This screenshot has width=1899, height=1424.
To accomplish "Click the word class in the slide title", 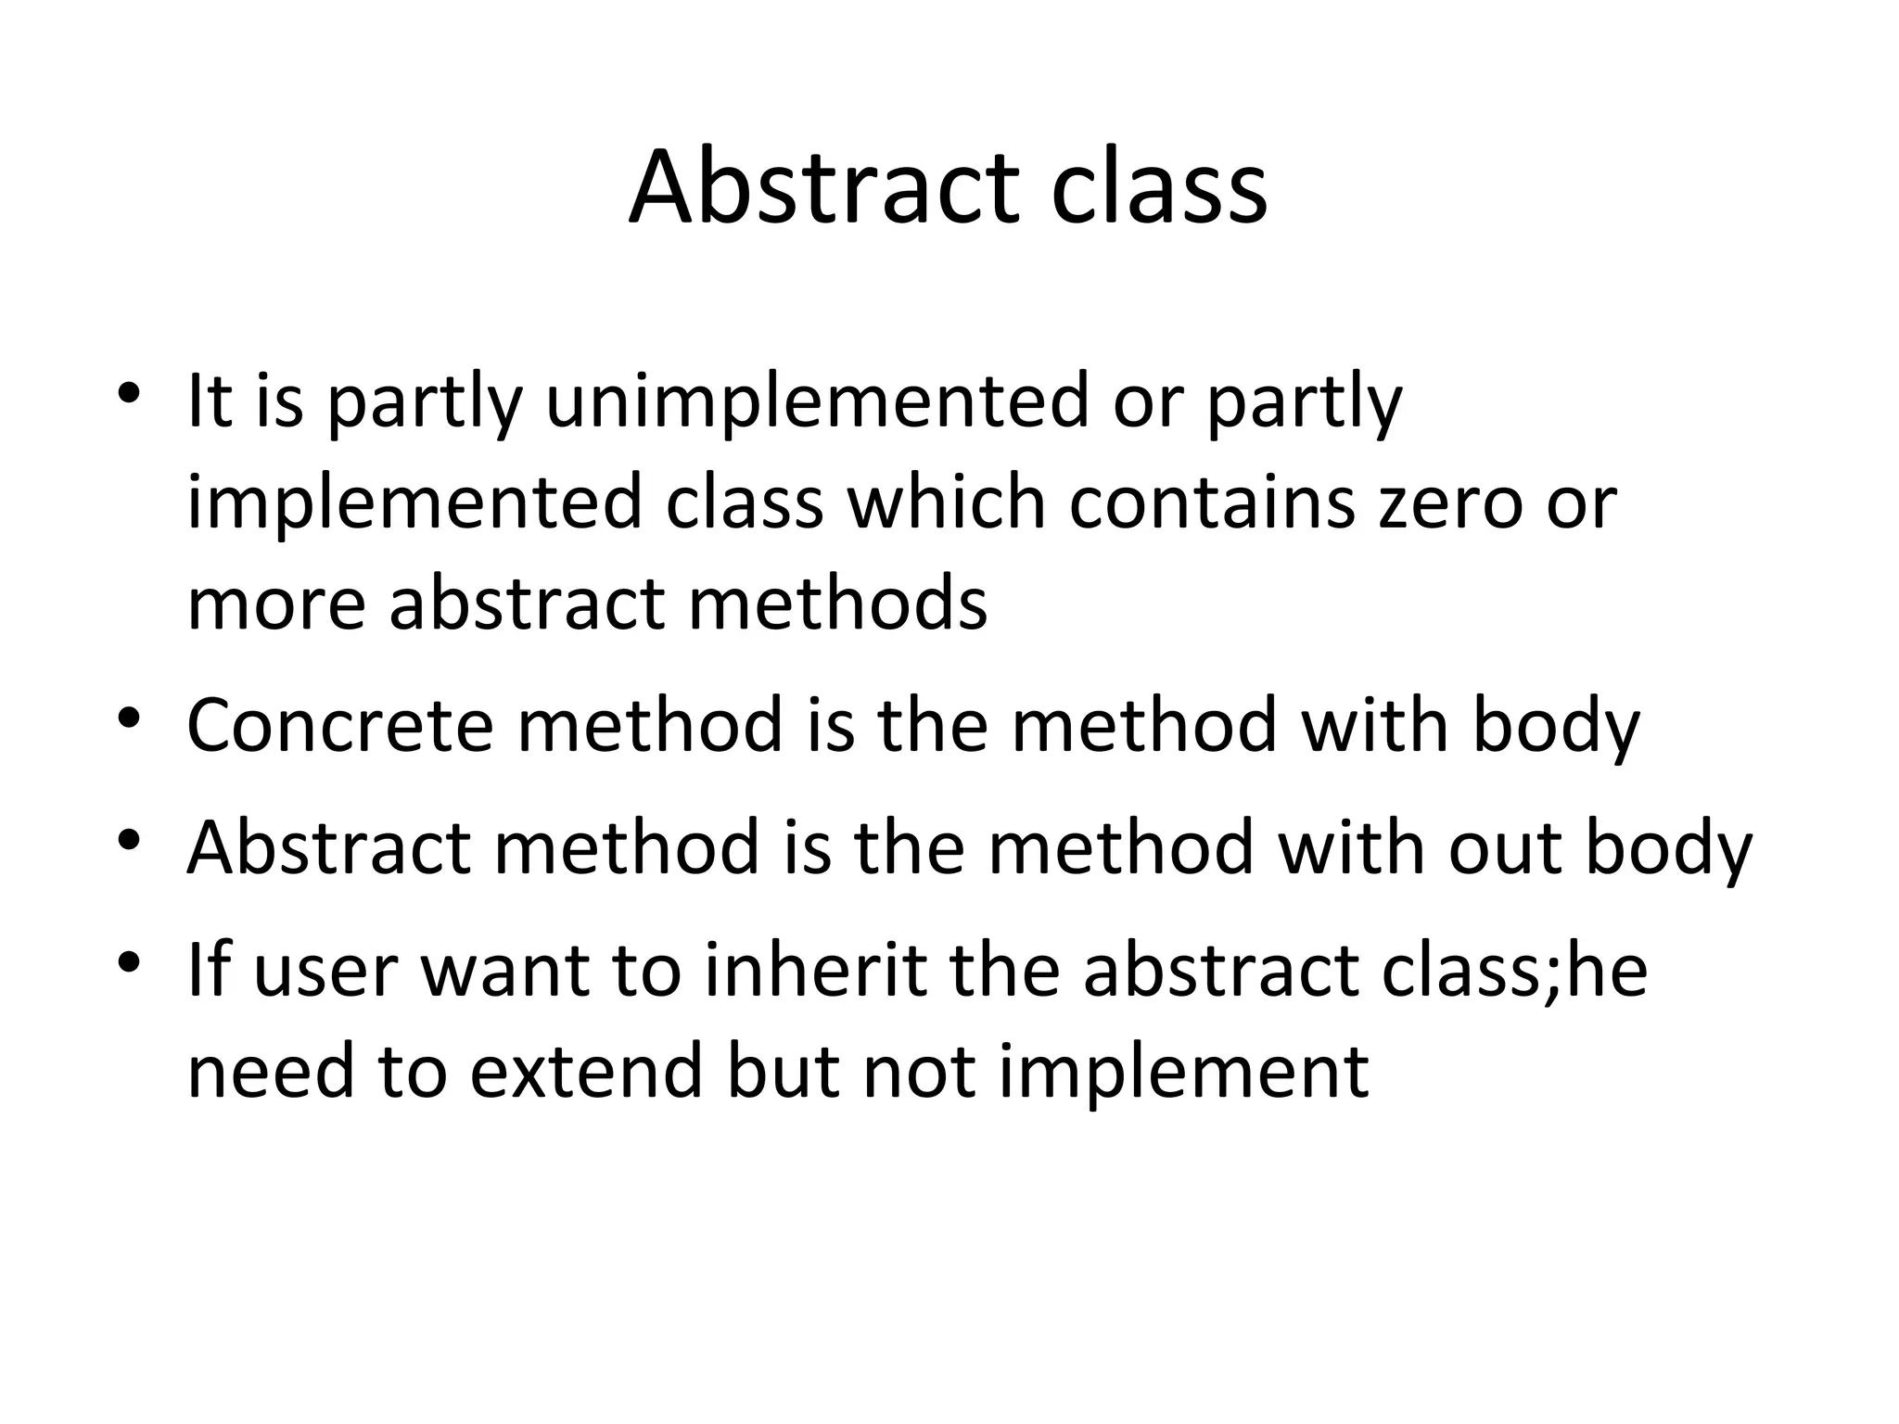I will tap(1159, 187).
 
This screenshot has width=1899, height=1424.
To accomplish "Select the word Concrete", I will tap(339, 725).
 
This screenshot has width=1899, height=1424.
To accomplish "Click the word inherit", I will tap(816, 970).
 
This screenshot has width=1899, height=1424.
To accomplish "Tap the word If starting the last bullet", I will tap(208, 970).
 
